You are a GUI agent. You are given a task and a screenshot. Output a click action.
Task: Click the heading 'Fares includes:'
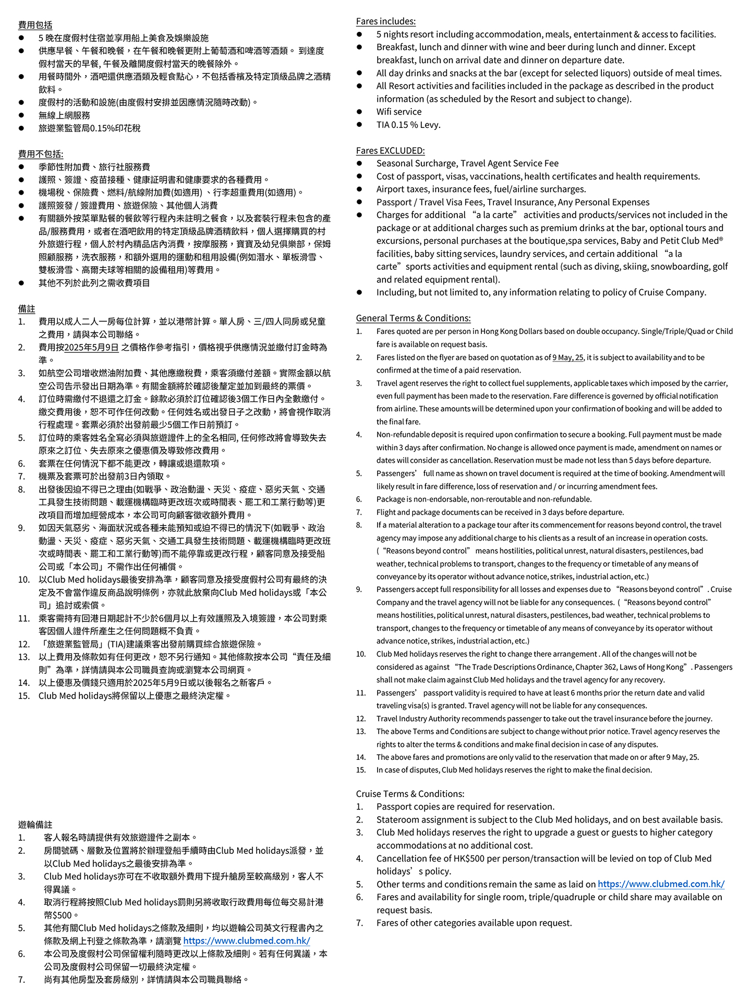pyautogui.click(x=385, y=21)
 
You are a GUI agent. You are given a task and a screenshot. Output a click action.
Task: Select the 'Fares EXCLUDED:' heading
pyautogui.click(x=390, y=151)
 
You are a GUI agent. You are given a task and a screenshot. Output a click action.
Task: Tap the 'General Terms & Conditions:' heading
pyautogui.click(x=413, y=318)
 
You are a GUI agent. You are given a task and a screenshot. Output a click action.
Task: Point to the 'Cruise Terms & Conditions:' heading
pyautogui.click(x=410, y=794)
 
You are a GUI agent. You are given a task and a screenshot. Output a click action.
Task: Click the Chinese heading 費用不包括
pyautogui.click(x=41, y=154)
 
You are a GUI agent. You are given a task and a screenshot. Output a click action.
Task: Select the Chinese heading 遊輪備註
pyautogui.click(x=35, y=825)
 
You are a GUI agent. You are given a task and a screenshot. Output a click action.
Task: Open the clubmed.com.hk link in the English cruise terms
pyautogui.click(x=661, y=884)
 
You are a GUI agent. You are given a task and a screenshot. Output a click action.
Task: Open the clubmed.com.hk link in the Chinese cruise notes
pyautogui.click(x=247, y=940)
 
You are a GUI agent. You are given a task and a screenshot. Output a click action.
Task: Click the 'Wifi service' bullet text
pyautogui.click(x=399, y=112)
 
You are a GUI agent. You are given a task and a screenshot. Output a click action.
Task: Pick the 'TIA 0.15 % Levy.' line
pyautogui.click(x=408, y=125)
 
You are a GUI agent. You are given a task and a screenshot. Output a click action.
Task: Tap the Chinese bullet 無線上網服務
pyautogui.click(x=64, y=115)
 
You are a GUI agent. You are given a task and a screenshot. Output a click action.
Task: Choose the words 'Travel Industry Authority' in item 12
pyautogui.click(x=421, y=719)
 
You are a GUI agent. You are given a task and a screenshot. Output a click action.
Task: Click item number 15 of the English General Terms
pyautogui.click(x=360, y=770)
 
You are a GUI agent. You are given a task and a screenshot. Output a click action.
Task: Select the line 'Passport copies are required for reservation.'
pyautogui.click(x=465, y=807)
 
